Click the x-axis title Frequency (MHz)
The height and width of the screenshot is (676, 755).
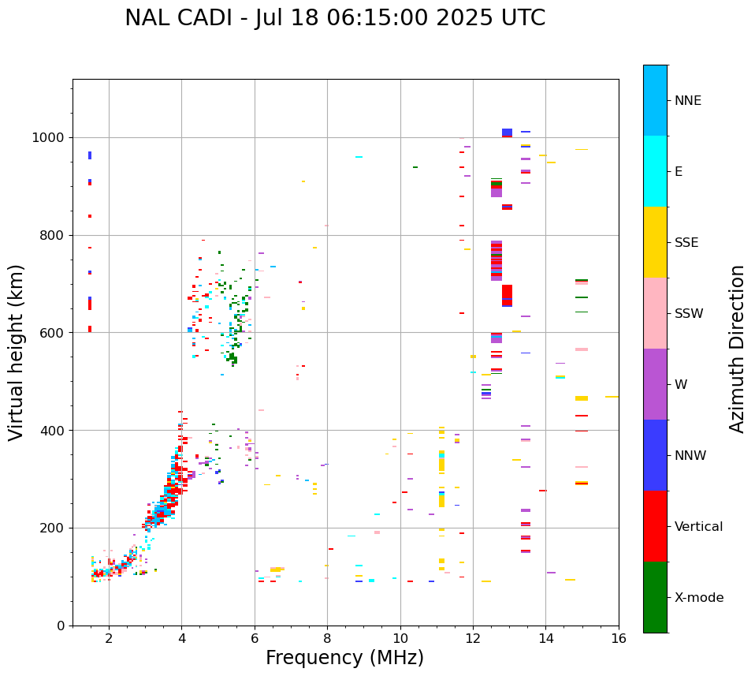tap(344, 658)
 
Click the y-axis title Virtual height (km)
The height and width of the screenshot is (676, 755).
tap(17, 352)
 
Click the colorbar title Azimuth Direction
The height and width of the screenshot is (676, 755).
tap(737, 349)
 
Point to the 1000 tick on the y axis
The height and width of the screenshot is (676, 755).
tap(52, 137)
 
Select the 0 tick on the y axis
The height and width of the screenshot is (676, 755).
tap(61, 626)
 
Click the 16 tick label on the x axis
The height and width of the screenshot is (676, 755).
tap(619, 638)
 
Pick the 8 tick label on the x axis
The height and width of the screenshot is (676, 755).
tap(327, 638)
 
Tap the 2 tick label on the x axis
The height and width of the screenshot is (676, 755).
tap(109, 638)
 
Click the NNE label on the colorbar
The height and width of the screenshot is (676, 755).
tap(687, 101)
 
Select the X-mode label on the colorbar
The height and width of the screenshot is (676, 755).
tap(699, 598)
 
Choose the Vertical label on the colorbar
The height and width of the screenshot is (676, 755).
tap(698, 527)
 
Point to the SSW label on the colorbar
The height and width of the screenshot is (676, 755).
tap(689, 314)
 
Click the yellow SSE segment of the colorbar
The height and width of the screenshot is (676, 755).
tap(655, 242)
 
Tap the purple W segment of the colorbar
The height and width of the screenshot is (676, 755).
tap(655, 384)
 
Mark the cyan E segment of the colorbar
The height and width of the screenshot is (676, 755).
tap(655, 171)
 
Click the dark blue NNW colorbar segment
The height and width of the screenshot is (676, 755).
tap(655, 455)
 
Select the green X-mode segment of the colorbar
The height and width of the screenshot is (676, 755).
tap(655, 597)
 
